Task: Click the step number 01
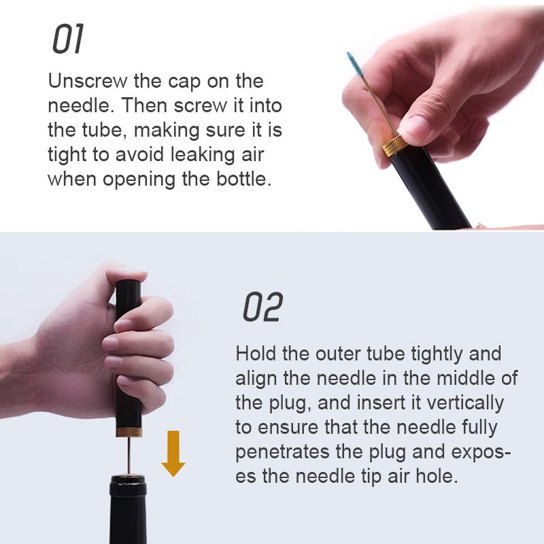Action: tap(69, 39)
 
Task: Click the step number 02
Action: tap(262, 307)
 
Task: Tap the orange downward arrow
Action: tap(173, 454)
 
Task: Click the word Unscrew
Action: tap(88, 81)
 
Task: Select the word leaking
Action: tap(203, 155)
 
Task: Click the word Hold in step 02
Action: tap(256, 354)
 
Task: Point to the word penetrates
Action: tap(282, 452)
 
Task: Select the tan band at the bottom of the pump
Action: tap(129, 432)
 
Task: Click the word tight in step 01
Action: tap(67, 155)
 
